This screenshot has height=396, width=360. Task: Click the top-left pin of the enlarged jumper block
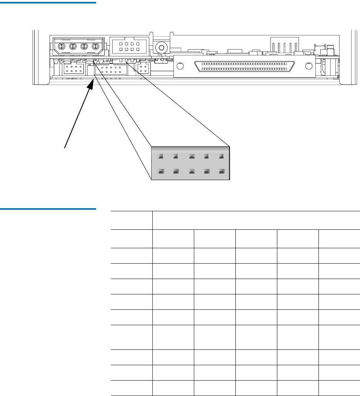(x=161, y=156)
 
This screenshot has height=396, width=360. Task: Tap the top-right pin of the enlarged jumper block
(x=221, y=156)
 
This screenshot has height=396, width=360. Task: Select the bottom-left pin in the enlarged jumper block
(x=161, y=171)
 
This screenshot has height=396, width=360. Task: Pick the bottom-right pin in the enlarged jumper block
(x=221, y=171)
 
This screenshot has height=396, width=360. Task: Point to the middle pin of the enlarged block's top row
(x=191, y=156)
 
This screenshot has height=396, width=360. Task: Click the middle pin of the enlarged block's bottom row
(x=191, y=171)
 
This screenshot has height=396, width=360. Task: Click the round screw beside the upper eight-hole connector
(x=162, y=48)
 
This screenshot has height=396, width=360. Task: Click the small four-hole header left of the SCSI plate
(x=143, y=69)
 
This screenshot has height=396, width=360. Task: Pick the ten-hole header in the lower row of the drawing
(x=111, y=70)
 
